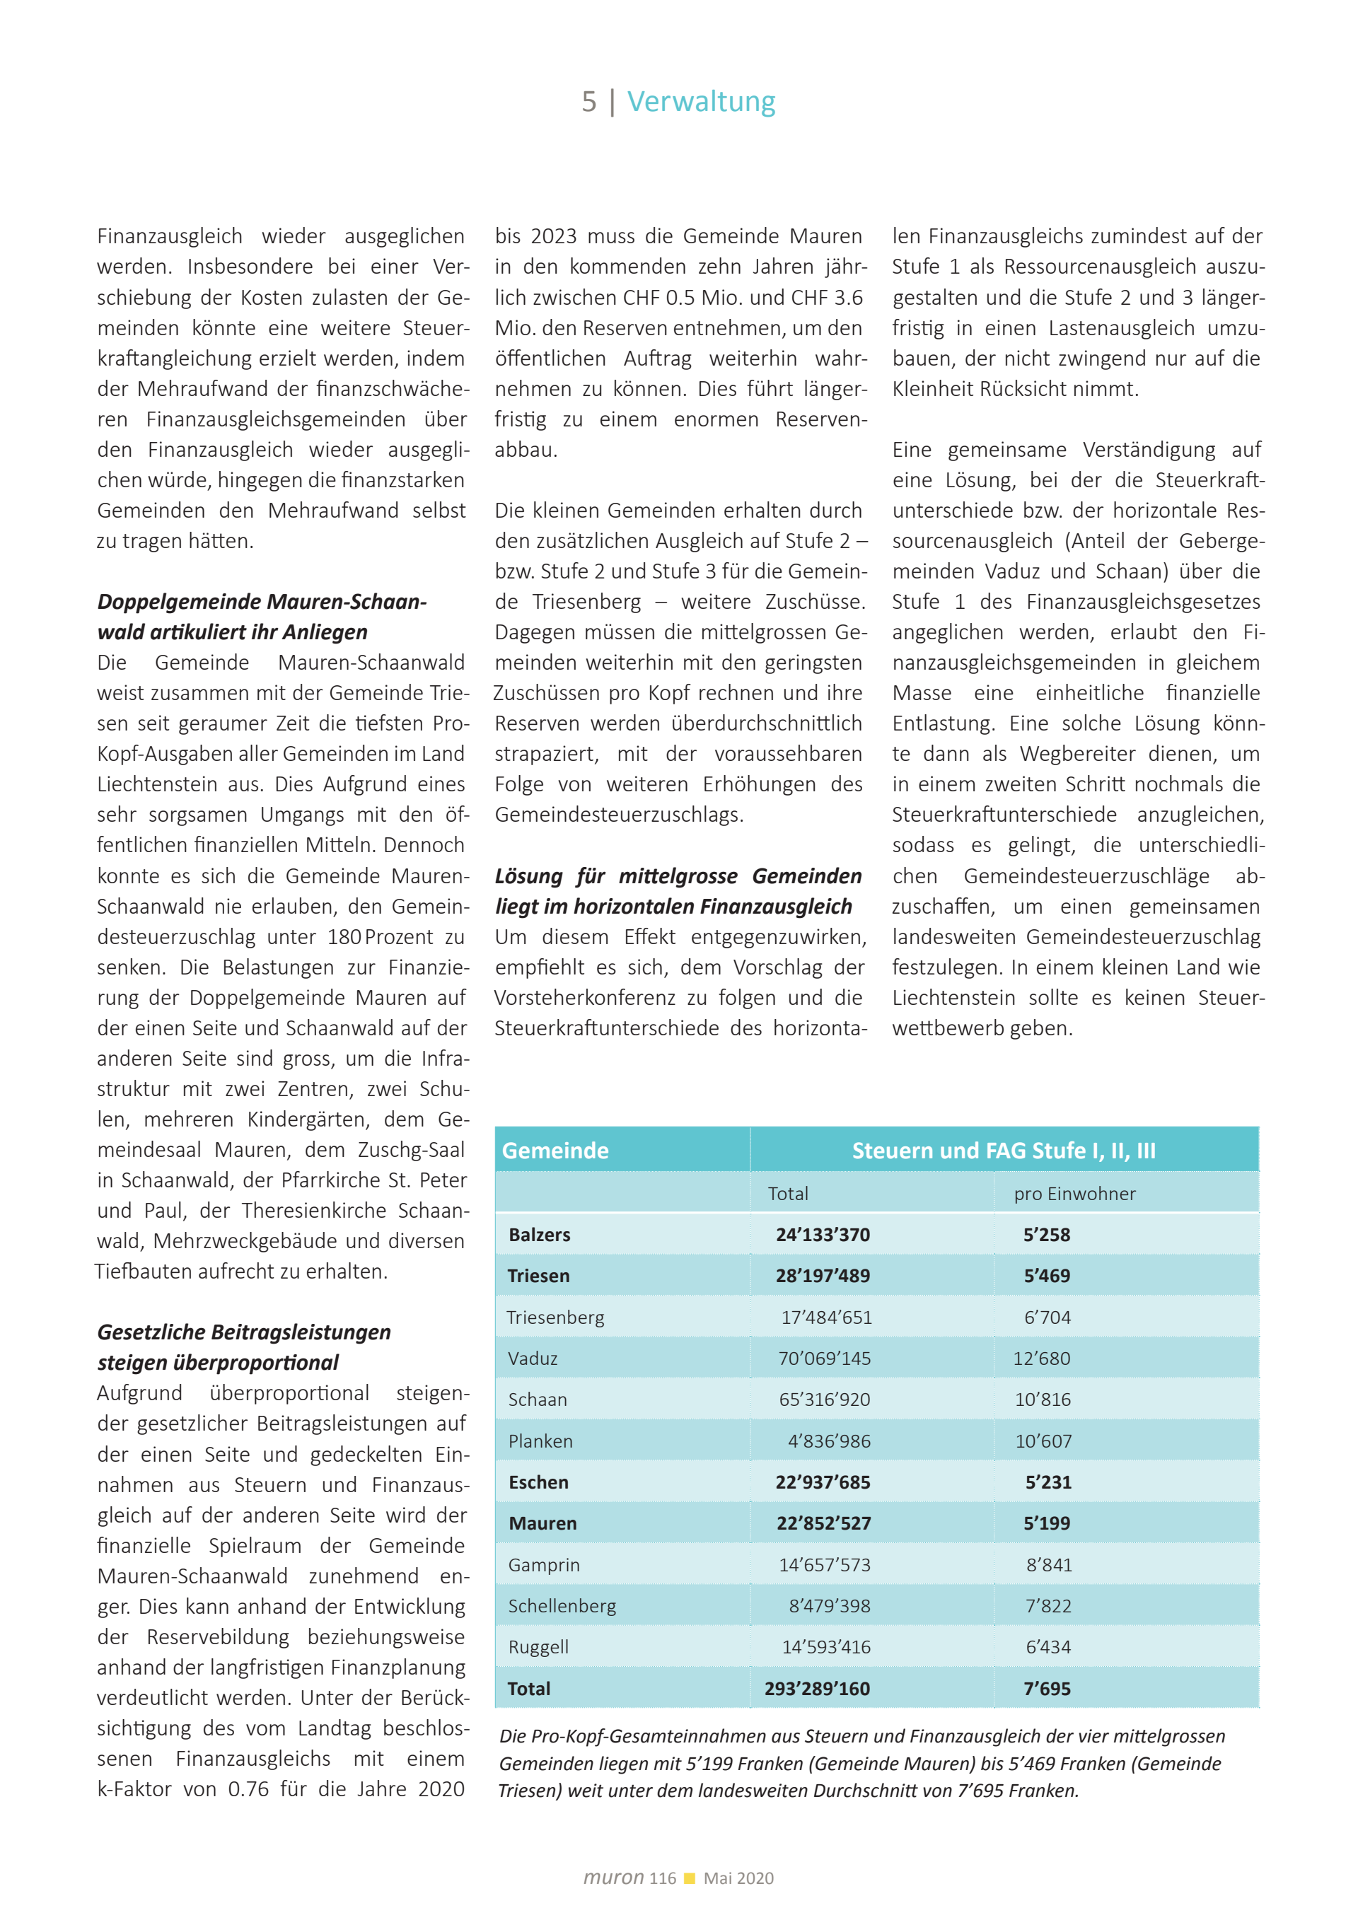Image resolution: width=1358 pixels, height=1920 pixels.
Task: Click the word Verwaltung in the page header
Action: pos(701,101)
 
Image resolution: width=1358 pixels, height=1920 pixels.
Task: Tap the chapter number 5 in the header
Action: pos(588,102)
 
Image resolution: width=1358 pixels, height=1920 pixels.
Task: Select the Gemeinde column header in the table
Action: pos(555,1151)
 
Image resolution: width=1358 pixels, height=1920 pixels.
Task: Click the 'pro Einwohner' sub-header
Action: pos(1074,1193)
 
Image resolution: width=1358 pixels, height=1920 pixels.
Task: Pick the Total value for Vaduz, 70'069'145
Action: pos(824,1358)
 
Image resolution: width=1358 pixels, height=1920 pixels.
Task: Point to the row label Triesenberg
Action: pos(555,1317)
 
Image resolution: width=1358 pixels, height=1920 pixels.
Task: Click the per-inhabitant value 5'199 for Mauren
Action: pos(1047,1523)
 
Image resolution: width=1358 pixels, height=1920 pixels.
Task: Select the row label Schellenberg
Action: pos(562,1605)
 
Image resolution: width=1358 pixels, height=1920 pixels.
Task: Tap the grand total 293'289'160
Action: pos(817,1688)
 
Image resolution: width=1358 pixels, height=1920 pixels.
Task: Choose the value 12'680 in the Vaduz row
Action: pos(1041,1358)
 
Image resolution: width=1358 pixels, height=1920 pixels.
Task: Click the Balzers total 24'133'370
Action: pos(823,1234)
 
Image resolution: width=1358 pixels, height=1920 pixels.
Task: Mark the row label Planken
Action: pos(540,1441)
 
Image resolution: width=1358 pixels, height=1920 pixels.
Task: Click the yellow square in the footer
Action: pos(690,1878)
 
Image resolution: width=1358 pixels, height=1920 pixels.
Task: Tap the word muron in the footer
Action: pos(613,1878)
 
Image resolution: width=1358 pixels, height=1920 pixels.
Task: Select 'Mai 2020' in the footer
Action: pos(738,1878)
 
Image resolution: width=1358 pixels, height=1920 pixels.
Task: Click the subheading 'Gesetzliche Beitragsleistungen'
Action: pos(243,1332)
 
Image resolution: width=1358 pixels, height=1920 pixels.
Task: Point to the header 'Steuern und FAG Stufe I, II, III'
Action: pos(1004,1151)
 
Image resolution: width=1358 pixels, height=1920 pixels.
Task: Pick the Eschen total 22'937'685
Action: pos(823,1482)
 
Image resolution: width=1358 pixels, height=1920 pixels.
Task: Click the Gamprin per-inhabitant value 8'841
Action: pos(1049,1564)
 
